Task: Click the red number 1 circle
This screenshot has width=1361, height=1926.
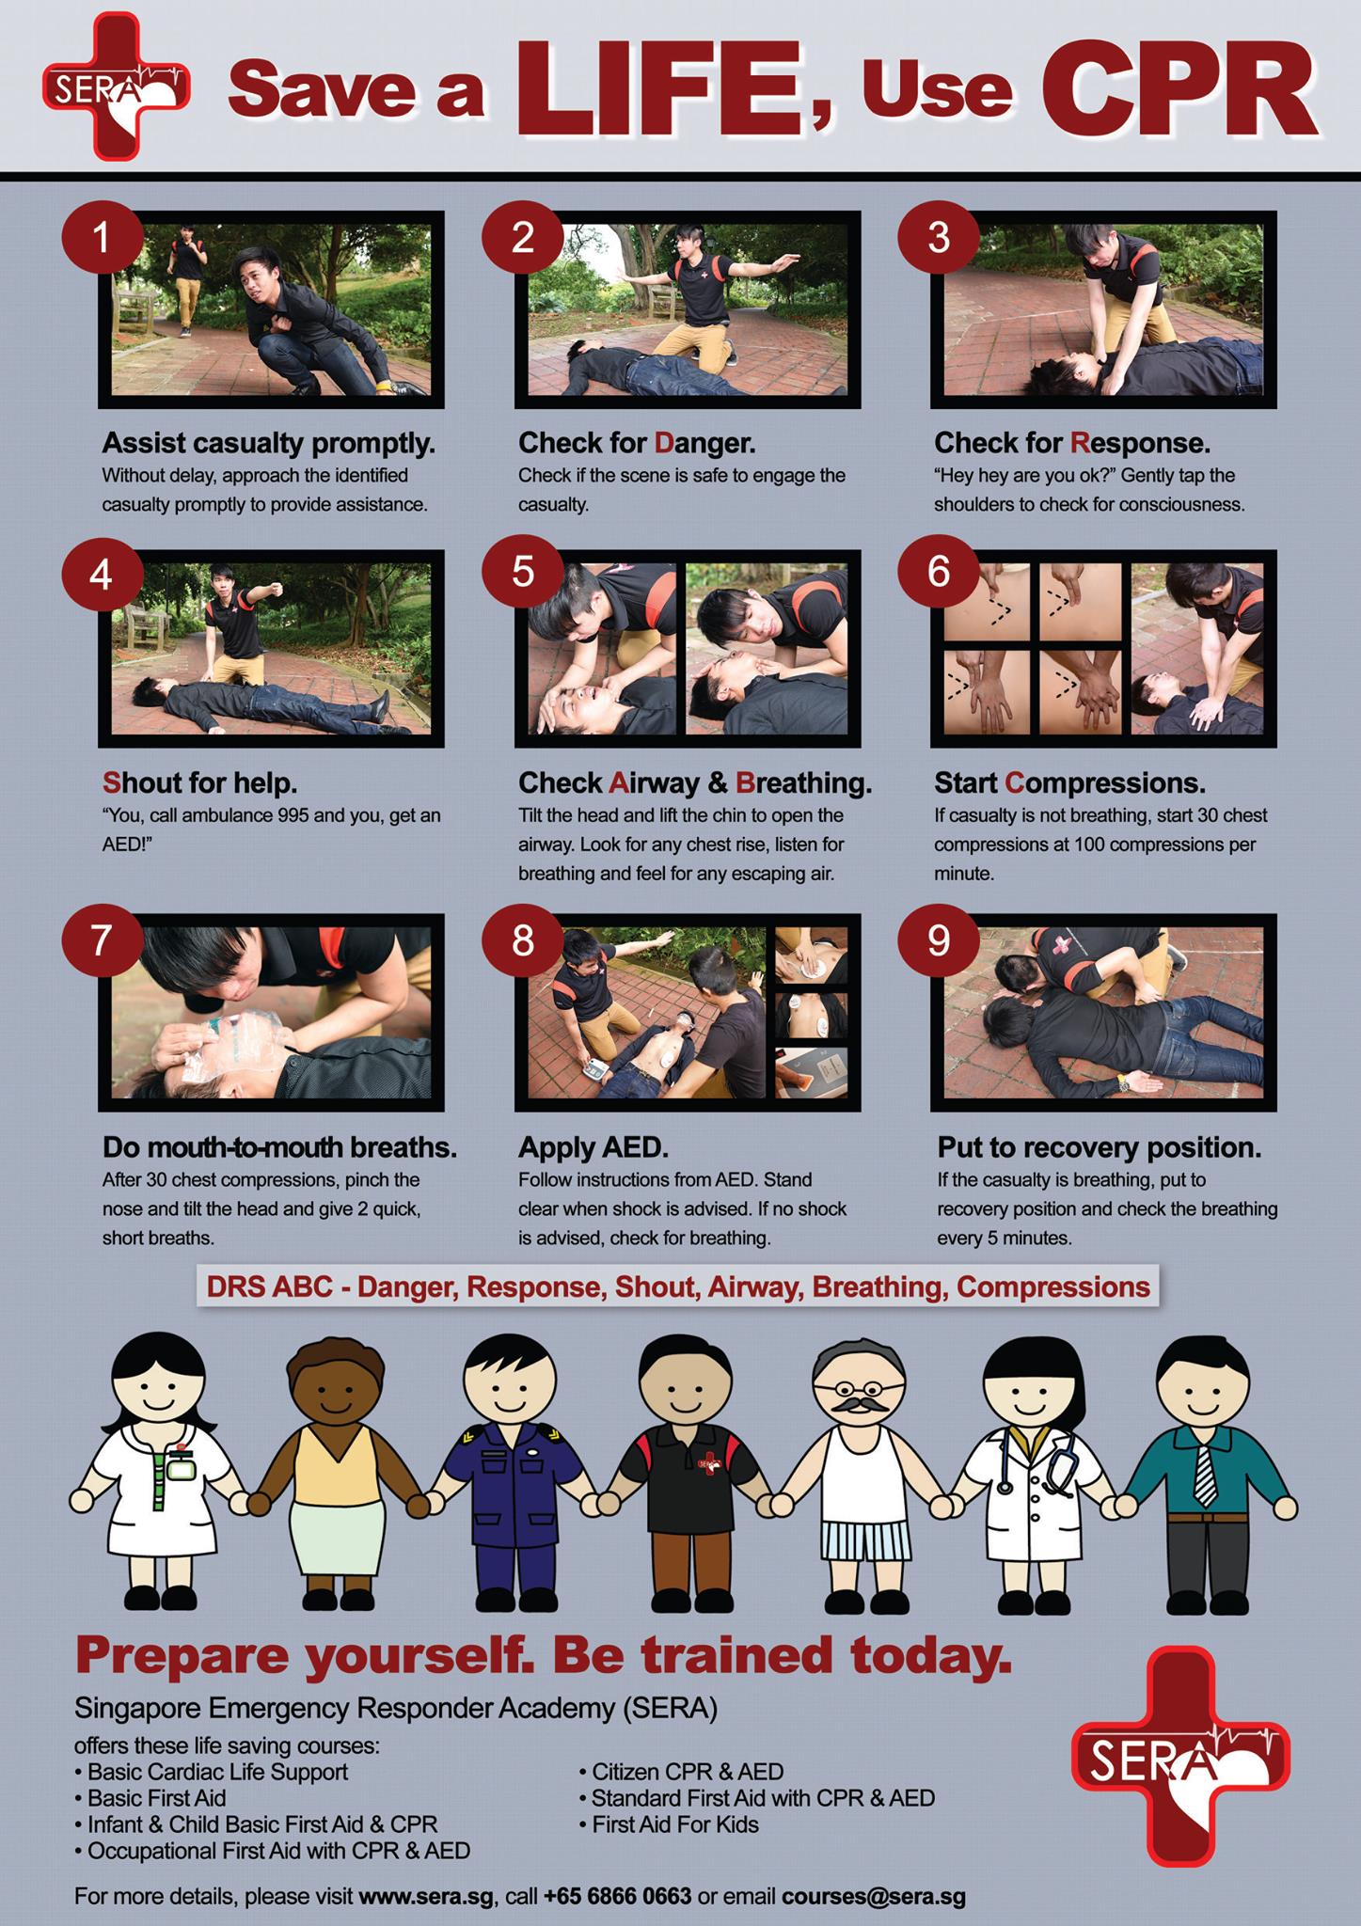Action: tap(102, 239)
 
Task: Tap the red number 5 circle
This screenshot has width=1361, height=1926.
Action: tap(522, 572)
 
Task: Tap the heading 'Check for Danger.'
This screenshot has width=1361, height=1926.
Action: tap(637, 443)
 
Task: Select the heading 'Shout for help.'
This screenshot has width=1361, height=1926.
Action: tap(199, 782)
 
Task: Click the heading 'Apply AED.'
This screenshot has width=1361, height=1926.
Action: tap(593, 1147)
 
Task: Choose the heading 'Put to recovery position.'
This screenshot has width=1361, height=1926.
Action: tap(1100, 1148)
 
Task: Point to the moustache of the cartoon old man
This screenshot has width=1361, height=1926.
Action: tap(861, 1407)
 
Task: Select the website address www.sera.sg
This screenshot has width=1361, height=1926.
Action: tap(426, 1896)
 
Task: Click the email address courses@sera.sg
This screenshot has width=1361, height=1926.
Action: tap(873, 1896)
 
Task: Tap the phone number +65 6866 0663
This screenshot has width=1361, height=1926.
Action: tap(617, 1896)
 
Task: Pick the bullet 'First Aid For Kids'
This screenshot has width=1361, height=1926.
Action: tap(670, 1824)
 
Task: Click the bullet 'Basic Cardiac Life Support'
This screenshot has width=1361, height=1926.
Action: tap(212, 1772)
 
